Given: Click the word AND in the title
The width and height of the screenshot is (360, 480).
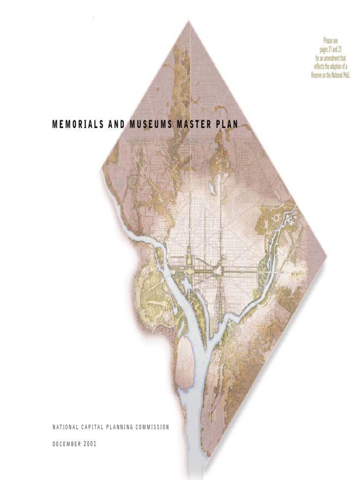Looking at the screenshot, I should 113,125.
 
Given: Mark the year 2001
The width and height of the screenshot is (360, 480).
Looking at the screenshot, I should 90,444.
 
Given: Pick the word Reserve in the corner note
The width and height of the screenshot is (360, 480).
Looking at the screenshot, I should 318,75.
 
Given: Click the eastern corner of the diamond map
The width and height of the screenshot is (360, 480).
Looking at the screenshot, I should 326,256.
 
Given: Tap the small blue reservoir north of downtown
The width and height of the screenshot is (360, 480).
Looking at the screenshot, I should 212,188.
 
